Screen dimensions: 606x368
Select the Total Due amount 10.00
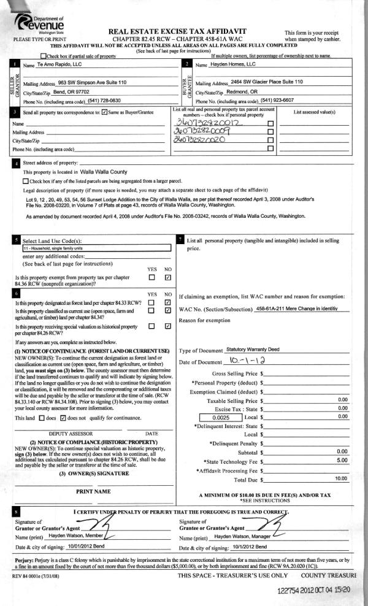(x=341, y=478)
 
